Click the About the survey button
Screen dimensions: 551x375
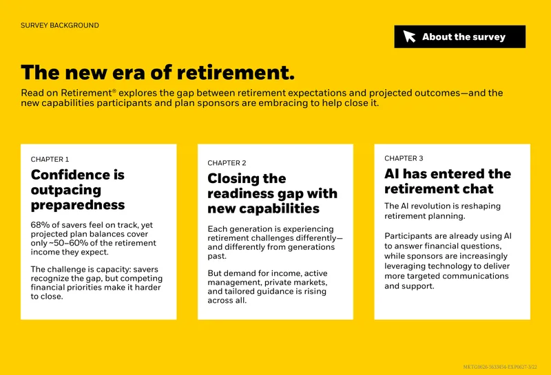pos(459,36)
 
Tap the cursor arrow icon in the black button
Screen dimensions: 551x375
pos(409,36)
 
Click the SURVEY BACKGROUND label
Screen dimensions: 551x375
pos(60,25)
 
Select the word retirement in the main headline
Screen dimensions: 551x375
pos(236,73)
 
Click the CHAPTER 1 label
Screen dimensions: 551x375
pos(50,160)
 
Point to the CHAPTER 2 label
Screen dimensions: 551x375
pos(227,163)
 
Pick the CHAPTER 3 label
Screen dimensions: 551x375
pos(404,158)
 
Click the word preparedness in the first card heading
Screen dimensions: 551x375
pos(78,205)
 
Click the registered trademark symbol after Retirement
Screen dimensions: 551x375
pos(114,91)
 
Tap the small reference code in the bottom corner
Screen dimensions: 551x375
pos(500,367)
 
